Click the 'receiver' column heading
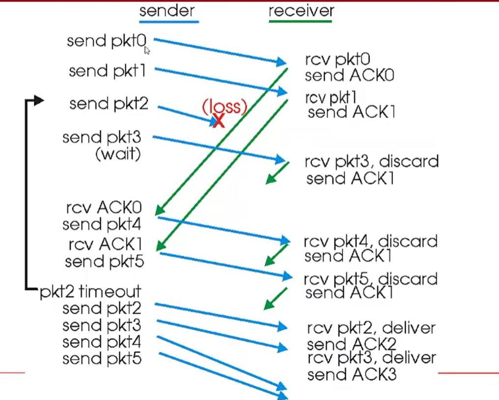pos(301,11)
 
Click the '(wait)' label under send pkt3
pos(118,154)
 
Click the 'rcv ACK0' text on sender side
pos(104,208)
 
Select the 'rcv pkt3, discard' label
pos(371,161)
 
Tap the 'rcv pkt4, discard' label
pos(370,241)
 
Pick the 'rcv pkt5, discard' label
pos(370,279)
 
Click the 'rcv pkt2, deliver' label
pos(371,328)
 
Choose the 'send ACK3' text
pos(352,374)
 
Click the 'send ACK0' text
pos(349,76)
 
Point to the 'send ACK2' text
pos(352,344)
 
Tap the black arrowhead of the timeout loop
pos(39,101)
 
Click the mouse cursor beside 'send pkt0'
pos(147,50)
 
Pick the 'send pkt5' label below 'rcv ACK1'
pos(104,261)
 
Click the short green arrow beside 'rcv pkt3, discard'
pos(277,172)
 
